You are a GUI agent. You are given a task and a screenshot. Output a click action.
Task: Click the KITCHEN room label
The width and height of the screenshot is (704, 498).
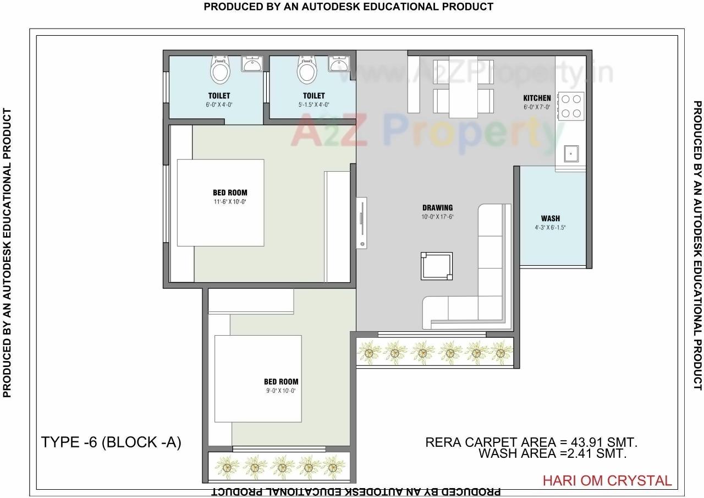coord(537,98)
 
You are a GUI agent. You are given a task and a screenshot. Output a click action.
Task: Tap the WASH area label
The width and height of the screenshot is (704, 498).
coord(550,218)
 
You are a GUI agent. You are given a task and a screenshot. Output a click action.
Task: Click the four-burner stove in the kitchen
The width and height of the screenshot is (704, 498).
coord(571,106)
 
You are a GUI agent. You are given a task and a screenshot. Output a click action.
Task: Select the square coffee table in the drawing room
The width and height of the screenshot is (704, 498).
coord(436,266)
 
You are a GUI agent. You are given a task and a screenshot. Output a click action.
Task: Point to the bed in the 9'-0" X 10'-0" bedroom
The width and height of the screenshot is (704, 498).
coord(257,378)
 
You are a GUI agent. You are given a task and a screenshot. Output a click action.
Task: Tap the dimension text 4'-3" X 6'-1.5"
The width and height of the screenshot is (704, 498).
coord(550,227)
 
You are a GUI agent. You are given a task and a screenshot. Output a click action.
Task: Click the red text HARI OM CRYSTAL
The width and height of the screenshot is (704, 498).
coord(607,480)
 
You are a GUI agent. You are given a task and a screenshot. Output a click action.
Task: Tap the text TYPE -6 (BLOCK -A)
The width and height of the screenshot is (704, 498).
coord(111,442)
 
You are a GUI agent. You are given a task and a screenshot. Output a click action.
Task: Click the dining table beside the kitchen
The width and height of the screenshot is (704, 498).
coord(463,86)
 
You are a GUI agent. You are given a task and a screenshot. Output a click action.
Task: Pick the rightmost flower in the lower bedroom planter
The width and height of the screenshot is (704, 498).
coord(332,468)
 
